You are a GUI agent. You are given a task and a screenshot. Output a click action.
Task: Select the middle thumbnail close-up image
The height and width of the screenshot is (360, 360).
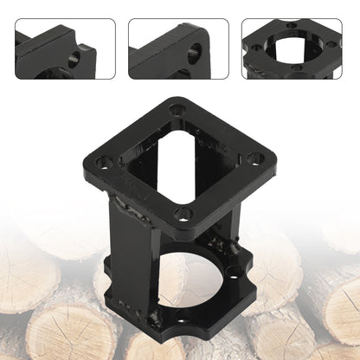tap(179, 49)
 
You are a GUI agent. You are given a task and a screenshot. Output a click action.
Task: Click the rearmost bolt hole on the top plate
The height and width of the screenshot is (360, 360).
tap(177, 111)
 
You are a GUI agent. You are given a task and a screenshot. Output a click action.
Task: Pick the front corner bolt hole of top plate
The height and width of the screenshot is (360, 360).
tap(183, 213)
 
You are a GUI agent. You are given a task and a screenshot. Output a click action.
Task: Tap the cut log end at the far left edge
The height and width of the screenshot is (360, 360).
tap(12, 268)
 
